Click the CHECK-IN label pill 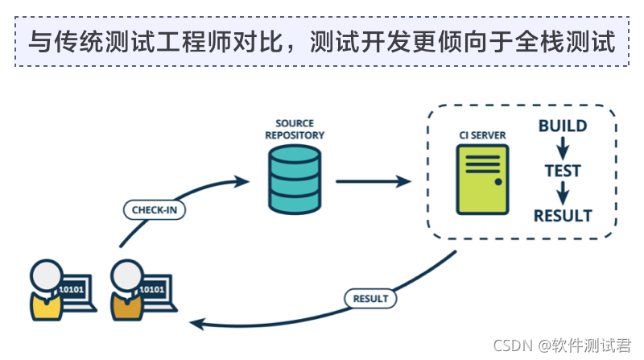155,210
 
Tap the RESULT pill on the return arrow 371,298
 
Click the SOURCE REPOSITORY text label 295,130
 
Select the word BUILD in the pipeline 563,126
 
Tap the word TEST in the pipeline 563,171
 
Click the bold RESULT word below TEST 563,216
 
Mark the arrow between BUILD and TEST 563,148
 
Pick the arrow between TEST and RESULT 563,193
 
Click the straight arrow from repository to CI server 372,181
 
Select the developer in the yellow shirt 46,290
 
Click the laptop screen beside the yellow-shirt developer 76,290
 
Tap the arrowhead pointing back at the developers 195,324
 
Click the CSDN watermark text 562,345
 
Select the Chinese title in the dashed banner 322,42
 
